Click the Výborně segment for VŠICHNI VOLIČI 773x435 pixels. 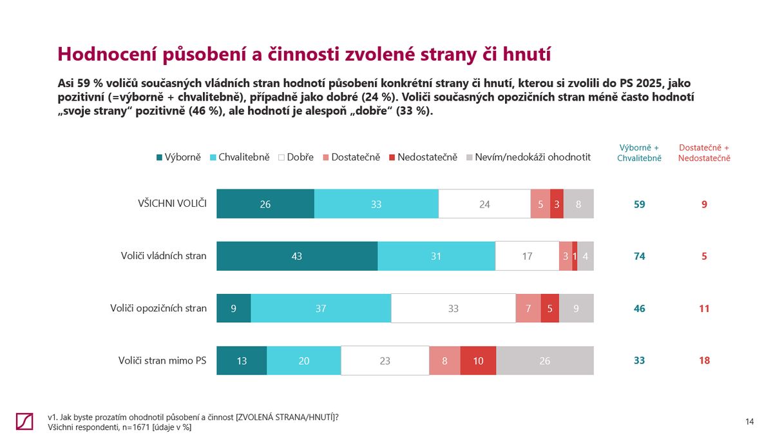click(x=265, y=204)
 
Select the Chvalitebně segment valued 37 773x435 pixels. click(x=321, y=309)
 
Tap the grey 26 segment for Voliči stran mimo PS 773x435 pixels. click(x=545, y=361)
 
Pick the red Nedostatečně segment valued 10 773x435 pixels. click(x=478, y=361)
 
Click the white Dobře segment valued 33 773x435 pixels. click(x=453, y=309)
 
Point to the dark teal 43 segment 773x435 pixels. click(x=296, y=256)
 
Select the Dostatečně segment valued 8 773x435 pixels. click(x=444, y=361)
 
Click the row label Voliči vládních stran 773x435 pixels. click(x=164, y=256)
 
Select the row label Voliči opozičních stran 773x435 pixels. click(x=158, y=308)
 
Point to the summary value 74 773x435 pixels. click(x=639, y=256)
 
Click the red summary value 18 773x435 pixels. click(x=704, y=361)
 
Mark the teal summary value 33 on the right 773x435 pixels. click(x=639, y=361)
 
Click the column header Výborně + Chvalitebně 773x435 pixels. click(x=639, y=152)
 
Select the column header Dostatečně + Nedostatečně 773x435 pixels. click(x=704, y=152)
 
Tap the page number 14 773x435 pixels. click(x=749, y=421)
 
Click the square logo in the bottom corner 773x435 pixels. click(x=24, y=421)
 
